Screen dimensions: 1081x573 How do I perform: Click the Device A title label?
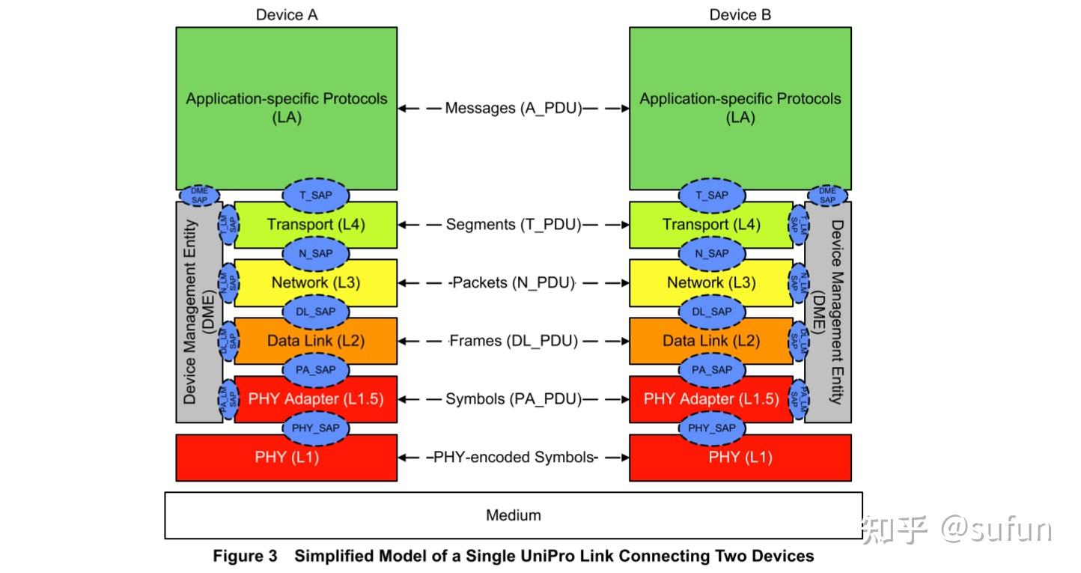point(287,15)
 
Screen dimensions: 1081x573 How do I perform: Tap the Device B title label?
point(740,15)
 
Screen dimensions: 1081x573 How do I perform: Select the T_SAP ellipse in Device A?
point(316,195)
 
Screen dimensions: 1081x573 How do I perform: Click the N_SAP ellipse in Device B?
point(712,253)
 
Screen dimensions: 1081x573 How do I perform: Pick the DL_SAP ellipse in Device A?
point(316,312)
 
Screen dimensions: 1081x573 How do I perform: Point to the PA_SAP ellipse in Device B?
point(712,370)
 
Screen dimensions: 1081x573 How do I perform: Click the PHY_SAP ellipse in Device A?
point(316,428)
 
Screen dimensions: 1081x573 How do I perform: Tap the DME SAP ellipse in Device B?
point(827,195)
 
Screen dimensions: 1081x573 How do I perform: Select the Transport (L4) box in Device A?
point(316,225)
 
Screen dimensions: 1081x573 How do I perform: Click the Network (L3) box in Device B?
point(711,283)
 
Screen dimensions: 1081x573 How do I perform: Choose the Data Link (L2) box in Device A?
point(316,342)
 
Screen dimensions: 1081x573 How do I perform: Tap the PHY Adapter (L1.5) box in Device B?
point(711,399)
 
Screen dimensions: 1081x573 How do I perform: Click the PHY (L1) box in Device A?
point(287,458)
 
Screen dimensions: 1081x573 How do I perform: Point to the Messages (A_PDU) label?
point(514,108)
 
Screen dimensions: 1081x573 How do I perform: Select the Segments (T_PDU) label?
point(514,225)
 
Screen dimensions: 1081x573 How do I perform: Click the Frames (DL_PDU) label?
point(514,341)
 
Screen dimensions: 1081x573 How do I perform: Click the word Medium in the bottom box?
point(514,515)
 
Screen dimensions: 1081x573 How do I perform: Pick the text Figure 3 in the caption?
point(245,556)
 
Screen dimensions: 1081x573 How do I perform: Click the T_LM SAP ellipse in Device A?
point(228,225)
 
